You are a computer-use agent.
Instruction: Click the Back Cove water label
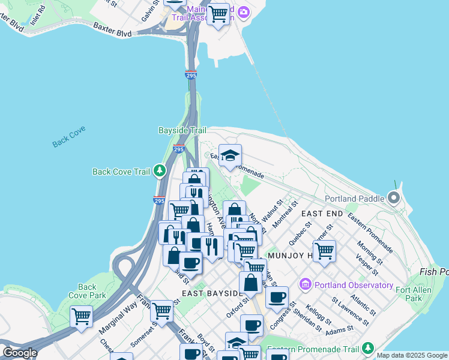click(x=68, y=136)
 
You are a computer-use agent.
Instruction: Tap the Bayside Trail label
click(x=182, y=130)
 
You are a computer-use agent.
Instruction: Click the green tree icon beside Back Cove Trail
click(x=159, y=172)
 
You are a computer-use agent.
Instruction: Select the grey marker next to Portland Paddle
click(x=394, y=197)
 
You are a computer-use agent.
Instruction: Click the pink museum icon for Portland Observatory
click(x=305, y=283)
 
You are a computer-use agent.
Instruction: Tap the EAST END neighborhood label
click(x=322, y=214)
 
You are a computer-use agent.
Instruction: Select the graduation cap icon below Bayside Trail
click(x=230, y=156)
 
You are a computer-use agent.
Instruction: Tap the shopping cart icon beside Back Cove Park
click(x=81, y=315)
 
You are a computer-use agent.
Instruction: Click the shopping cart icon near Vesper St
click(x=324, y=251)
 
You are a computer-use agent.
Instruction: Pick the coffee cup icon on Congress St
click(x=277, y=297)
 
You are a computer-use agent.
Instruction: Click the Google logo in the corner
click(x=20, y=353)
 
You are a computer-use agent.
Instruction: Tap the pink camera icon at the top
click(x=243, y=11)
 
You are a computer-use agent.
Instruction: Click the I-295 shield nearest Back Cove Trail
click(x=158, y=202)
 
